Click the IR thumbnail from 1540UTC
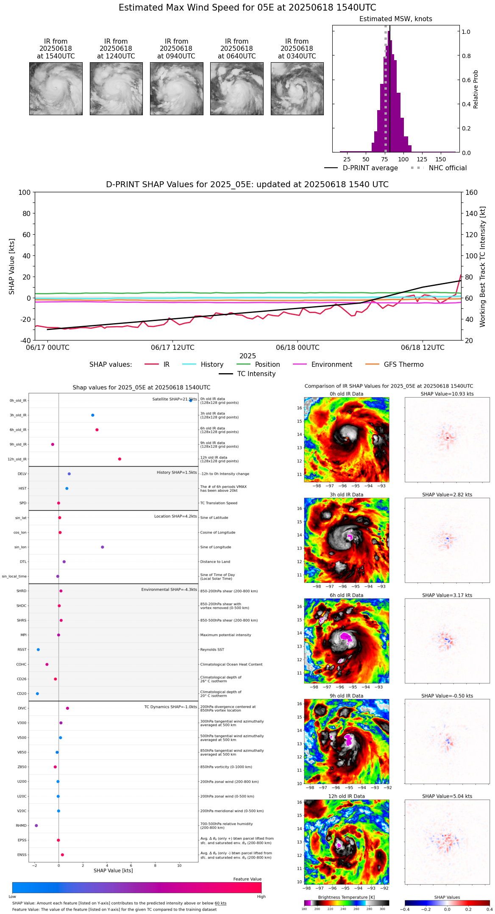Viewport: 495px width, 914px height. (56, 89)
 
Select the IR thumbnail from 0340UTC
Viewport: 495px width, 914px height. (297, 89)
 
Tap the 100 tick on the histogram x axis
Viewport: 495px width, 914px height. (403, 159)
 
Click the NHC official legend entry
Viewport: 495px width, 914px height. (448, 168)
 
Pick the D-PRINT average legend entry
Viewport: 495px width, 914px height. (370, 168)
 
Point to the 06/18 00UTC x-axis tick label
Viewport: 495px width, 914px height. (298, 348)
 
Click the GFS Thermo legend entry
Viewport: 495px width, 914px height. (403, 365)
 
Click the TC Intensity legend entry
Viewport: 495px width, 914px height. (256, 374)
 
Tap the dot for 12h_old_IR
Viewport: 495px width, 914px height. (120, 459)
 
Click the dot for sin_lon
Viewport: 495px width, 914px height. (103, 547)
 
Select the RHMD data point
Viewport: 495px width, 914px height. (36, 825)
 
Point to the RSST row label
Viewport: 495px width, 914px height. (22, 650)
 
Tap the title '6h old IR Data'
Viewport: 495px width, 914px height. (346, 595)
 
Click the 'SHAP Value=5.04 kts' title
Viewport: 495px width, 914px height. (447, 796)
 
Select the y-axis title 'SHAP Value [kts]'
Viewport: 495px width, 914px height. (12, 266)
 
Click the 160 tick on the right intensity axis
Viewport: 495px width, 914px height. (472, 192)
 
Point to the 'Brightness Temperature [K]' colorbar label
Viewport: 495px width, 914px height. (346, 897)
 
